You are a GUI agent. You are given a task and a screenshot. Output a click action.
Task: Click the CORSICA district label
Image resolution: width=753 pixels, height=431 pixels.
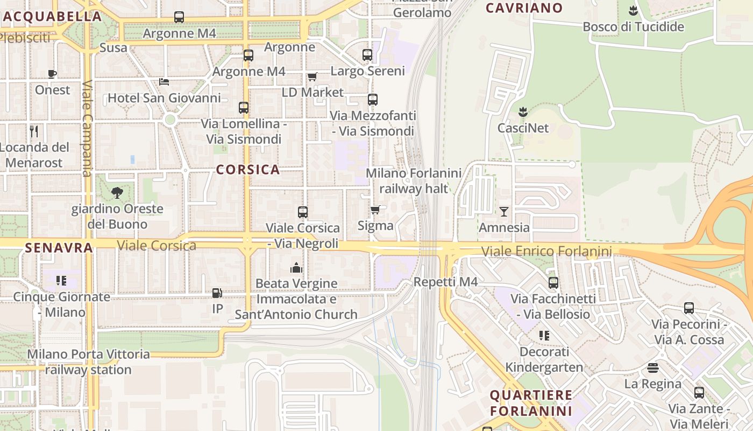coord(248,170)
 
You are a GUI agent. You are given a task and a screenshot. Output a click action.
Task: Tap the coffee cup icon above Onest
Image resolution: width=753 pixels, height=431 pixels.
coord(52,74)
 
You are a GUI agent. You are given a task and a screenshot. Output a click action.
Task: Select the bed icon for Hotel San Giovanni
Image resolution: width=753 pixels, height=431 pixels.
coord(164,82)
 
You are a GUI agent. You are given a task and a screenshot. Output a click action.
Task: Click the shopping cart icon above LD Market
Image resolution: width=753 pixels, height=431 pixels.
coord(312,77)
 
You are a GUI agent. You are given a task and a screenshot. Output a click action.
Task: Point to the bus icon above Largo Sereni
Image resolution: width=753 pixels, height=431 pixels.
coord(367,55)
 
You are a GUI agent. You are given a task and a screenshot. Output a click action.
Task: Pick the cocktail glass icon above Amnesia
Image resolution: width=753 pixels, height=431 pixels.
coord(503,211)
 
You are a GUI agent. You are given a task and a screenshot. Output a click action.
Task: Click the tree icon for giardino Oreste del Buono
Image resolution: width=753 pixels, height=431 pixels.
coord(117,192)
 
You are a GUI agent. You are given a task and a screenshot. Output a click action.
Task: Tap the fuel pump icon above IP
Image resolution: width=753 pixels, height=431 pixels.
coord(217,293)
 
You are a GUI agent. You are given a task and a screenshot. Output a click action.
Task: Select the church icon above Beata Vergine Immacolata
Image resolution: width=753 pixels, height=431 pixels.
coord(296,268)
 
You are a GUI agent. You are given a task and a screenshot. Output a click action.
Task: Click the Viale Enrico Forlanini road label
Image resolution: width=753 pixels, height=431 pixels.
coord(546,252)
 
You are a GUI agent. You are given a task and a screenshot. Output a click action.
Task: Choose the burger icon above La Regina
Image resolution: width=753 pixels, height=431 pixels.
coord(653,368)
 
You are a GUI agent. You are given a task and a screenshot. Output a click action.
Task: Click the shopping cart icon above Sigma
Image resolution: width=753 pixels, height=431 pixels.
coord(375,210)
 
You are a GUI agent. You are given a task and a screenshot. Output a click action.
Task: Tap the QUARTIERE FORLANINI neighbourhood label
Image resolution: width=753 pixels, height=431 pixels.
coord(531,403)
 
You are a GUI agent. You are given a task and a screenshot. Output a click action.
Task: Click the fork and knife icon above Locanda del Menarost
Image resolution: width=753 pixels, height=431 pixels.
coord(34,131)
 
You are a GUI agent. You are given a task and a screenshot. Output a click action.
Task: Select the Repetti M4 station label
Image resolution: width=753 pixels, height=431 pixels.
coord(445,282)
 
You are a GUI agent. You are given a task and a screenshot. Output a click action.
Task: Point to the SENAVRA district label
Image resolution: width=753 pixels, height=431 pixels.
coord(59,248)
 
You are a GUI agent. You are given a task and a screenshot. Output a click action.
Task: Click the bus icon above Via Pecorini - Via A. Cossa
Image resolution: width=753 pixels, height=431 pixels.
coord(688,308)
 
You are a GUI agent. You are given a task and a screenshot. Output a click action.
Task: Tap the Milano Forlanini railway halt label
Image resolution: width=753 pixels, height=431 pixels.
coord(414,181)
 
